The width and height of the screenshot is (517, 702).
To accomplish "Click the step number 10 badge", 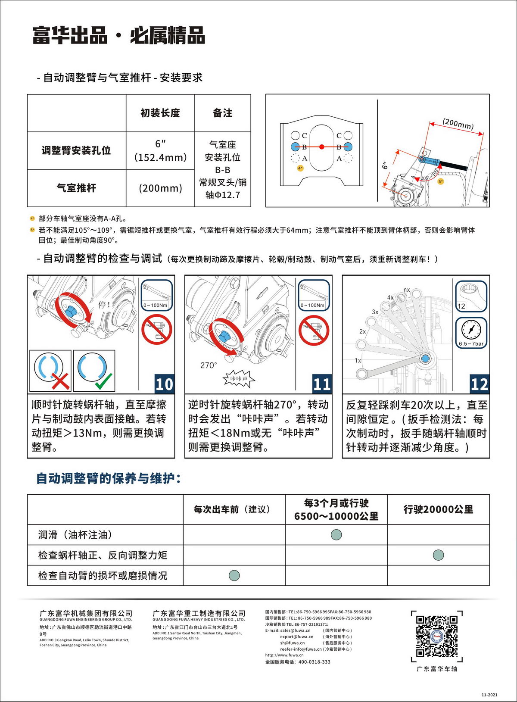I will (x=164, y=384).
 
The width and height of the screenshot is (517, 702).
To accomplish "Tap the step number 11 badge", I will (x=322, y=384).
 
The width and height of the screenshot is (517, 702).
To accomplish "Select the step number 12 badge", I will (x=480, y=384).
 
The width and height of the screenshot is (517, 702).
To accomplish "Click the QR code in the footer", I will (x=436, y=636).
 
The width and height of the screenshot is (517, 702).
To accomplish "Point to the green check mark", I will (x=103, y=381).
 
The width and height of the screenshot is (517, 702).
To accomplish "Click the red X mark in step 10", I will (x=60, y=381).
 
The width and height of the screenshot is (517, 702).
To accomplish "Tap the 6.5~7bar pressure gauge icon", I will (x=471, y=332).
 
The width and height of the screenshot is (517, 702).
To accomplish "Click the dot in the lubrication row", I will (x=336, y=535).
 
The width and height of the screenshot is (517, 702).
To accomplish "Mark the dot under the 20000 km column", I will (x=438, y=555).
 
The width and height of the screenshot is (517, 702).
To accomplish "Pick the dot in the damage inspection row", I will (x=234, y=575).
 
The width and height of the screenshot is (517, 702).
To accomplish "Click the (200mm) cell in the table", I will (x=160, y=188).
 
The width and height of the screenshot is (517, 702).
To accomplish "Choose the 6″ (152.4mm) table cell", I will (x=160, y=150).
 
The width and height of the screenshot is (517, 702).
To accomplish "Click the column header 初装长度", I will (x=160, y=113).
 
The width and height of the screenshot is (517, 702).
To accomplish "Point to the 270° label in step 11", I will (x=209, y=365).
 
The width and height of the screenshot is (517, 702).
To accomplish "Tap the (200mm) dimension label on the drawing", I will (x=458, y=124).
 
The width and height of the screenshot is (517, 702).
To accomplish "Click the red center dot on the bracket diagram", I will (x=321, y=147).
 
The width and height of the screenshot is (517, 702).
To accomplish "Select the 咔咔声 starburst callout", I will (x=239, y=379).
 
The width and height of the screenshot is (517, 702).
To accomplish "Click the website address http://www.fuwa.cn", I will (x=284, y=655).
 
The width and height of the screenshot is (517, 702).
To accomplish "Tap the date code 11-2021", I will (x=489, y=695).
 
